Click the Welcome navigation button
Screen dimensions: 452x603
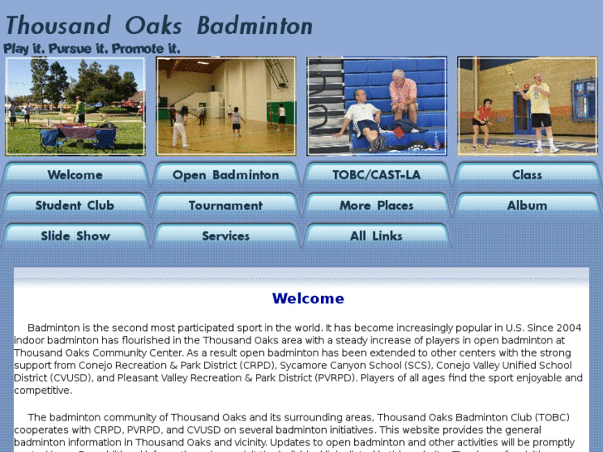pyautogui.click(x=75, y=175)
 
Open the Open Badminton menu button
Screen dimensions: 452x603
pyautogui.click(x=226, y=175)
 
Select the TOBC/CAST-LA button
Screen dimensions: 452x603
pyautogui.click(x=377, y=175)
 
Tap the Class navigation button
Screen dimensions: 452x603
pyautogui.click(x=527, y=175)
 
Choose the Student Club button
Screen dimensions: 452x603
pyautogui.click(x=75, y=206)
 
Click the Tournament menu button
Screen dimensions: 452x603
pyautogui.click(x=226, y=206)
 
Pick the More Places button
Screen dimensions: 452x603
pyautogui.click(x=377, y=206)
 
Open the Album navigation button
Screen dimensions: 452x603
pyautogui.click(x=527, y=206)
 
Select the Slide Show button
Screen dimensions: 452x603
pyautogui.click(x=75, y=236)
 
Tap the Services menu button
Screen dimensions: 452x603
pyautogui.click(x=226, y=236)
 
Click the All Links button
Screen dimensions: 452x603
pyautogui.click(x=377, y=236)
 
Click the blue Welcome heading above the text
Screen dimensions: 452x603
pyautogui.click(x=308, y=299)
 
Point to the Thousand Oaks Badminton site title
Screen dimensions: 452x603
pyautogui.click(x=159, y=26)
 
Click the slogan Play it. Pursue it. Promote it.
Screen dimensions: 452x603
pyautogui.click(x=92, y=49)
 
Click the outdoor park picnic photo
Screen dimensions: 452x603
pyautogui.click(x=75, y=105)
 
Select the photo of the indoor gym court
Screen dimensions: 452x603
pyautogui.click(x=226, y=105)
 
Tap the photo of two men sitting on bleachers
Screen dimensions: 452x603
pyautogui.click(x=377, y=105)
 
